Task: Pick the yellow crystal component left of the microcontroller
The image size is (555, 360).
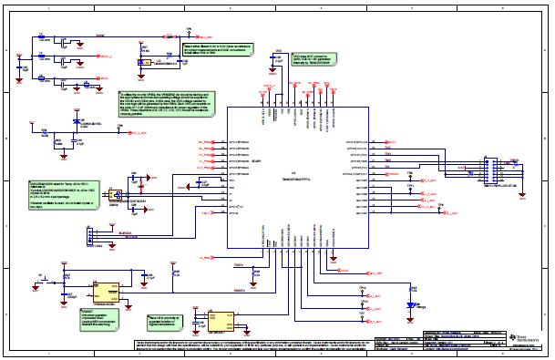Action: [117, 193]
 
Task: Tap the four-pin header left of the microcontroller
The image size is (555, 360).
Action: [87, 237]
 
